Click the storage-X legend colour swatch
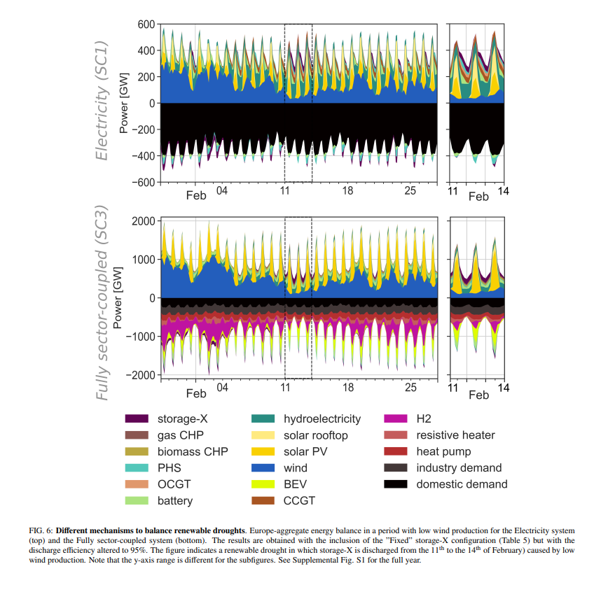(137, 419)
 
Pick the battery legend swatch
(137, 501)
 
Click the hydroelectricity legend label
(322, 419)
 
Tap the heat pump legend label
(443, 452)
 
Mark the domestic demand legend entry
(462, 484)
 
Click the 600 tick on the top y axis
(145, 24)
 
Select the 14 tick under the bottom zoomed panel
(503, 387)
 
